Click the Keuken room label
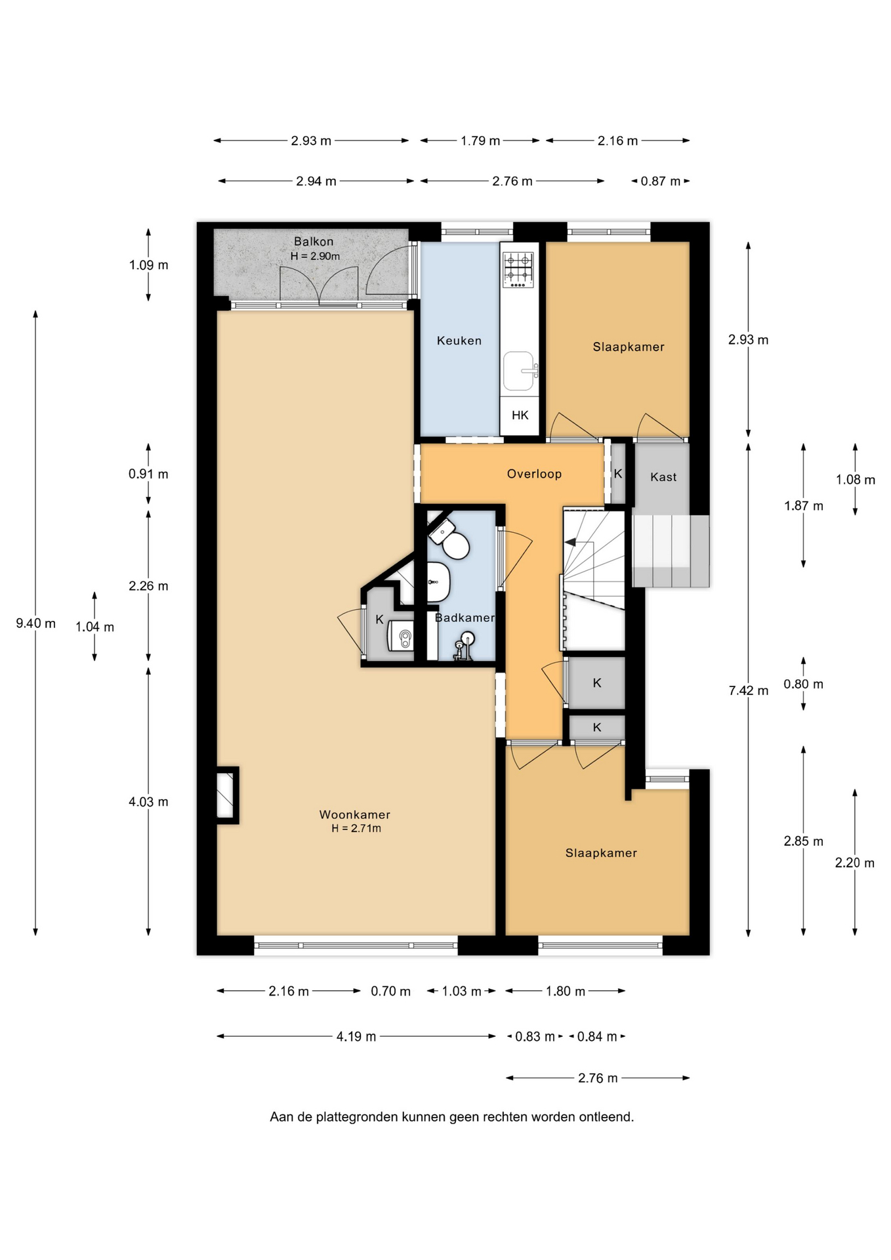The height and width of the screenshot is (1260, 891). coord(459,341)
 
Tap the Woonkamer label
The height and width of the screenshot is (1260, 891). coord(355,814)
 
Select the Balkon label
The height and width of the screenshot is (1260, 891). coord(314,241)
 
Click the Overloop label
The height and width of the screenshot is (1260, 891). coord(534,474)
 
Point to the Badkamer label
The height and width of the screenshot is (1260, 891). coord(465,618)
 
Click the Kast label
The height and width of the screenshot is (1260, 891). coord(663,477)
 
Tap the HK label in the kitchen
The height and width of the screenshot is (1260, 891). coord(520,415)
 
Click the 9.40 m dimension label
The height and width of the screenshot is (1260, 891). coord(36,623)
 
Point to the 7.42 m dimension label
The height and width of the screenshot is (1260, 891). coord(749,690)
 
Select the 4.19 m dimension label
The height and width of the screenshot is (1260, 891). coord(356,1037)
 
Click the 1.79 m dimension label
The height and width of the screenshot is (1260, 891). coord(480,141)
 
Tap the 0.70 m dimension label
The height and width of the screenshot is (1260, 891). coord(390,992)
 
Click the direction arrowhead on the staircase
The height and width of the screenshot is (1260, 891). coord(570,542)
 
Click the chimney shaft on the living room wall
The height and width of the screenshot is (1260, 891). coord(227,795)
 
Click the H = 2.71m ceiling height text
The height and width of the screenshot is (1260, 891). coord(356,828)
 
